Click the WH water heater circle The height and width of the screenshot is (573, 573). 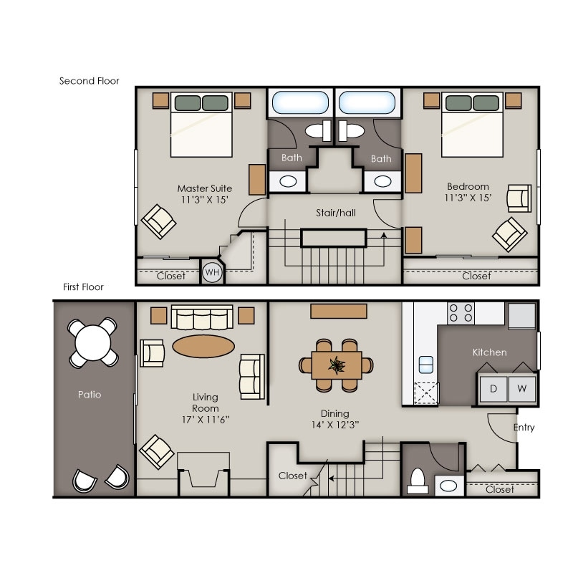(212, 272)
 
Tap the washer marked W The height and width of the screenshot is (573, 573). (521, 389)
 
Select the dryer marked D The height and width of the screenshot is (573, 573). (493, 389)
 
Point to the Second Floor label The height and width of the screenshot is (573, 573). (89, 81)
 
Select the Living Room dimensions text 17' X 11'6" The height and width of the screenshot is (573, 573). (206, 418)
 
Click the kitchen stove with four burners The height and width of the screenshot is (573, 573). (461, 313)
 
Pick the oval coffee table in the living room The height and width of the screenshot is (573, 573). (203, 346)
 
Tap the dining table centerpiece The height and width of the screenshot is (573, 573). (336, 365)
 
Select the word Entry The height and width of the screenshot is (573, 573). (524, 428)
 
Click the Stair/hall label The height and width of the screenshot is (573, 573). (336, 213)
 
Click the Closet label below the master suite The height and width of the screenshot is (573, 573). (170, 276)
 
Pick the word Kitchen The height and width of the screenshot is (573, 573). (489, 352)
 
